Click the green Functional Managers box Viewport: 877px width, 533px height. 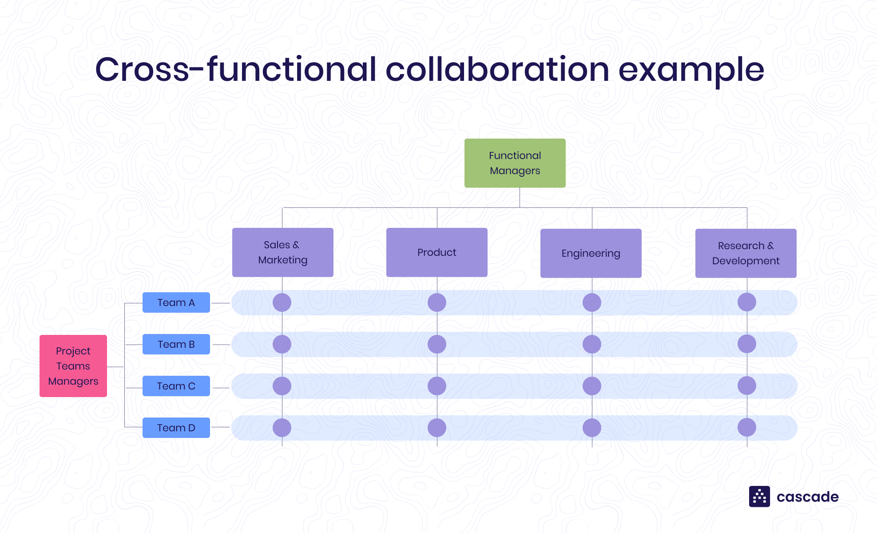(515, 163)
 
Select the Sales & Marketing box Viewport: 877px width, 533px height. (282, 252)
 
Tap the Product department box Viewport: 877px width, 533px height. (437, 252)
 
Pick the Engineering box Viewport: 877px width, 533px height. (591, 253)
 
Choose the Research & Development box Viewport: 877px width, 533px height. (746, 253)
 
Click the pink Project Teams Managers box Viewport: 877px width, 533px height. (73, 366)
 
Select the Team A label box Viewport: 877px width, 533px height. (176, 302)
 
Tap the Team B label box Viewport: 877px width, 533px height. (176, 344)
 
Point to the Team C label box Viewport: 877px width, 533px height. (176, 386)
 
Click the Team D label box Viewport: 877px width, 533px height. (176, 428)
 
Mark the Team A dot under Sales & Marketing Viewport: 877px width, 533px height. (282, 302)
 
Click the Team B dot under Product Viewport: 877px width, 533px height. (437, 344)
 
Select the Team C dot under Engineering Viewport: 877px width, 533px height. (592, 386)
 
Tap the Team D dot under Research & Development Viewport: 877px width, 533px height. (747, 427)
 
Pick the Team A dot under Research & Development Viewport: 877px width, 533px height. (747, 302)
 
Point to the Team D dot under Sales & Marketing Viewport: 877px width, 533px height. (282, 428)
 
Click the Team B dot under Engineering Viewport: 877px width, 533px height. (592, 344)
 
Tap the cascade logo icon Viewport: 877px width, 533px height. (759, 497)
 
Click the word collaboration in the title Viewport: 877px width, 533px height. (497, 70)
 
